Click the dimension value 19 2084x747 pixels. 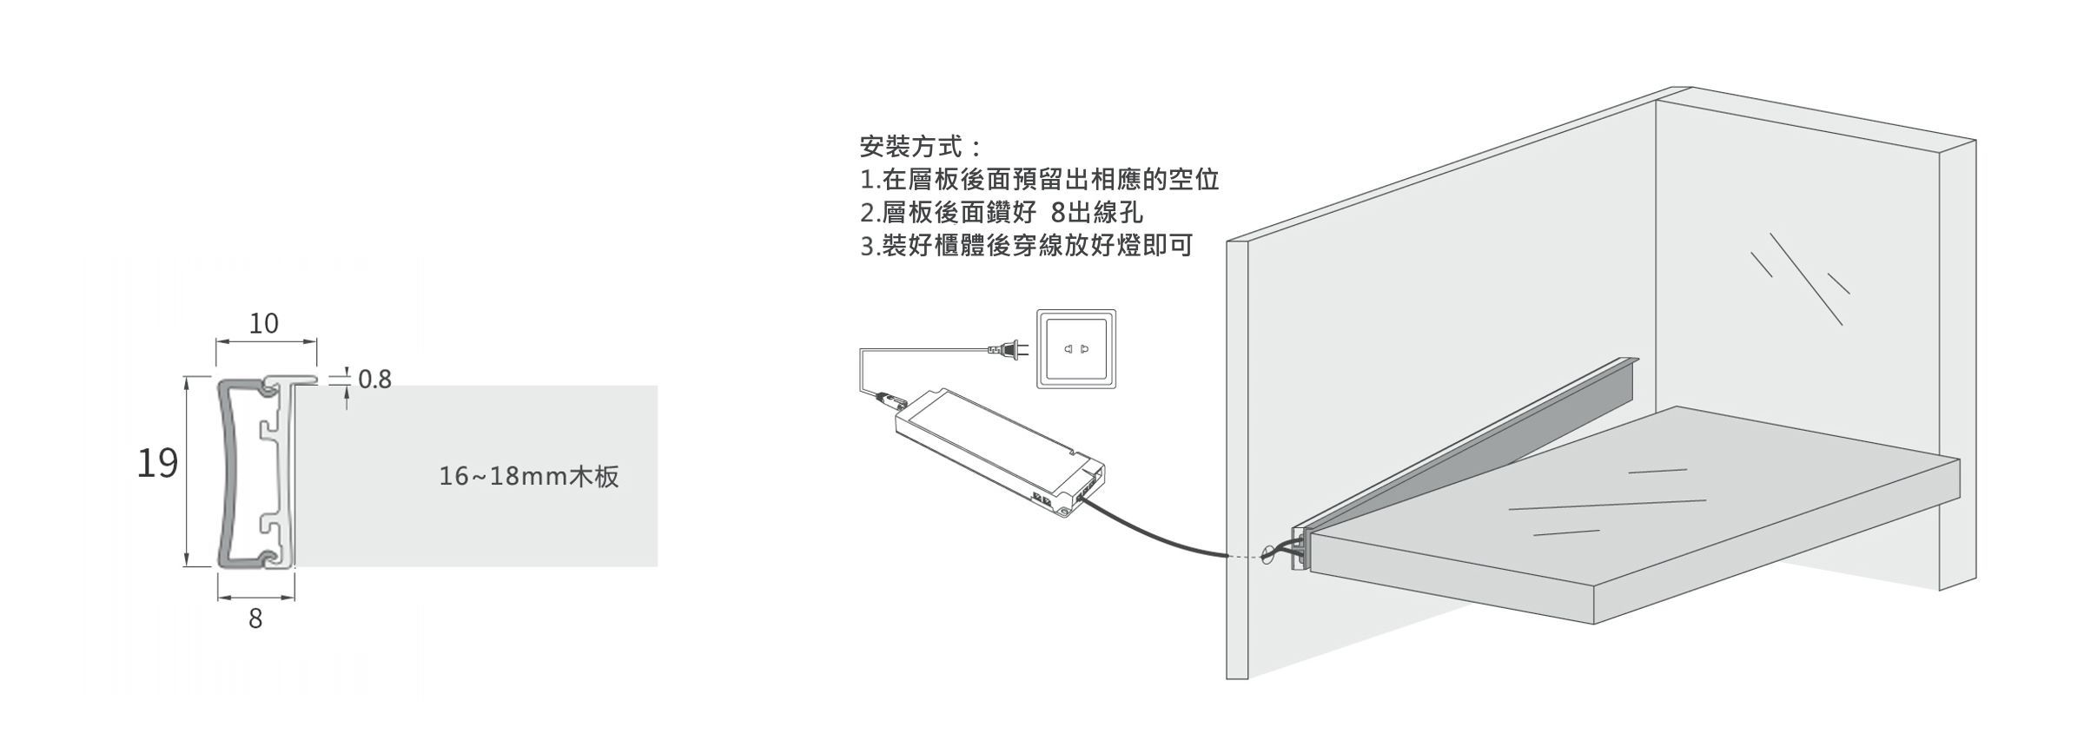coord(157,464)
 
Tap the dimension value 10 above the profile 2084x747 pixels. coord(264,323)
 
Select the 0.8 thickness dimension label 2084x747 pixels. coord(374,380)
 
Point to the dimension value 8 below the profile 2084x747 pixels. coord(255,619)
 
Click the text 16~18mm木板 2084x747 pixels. coord(529,477)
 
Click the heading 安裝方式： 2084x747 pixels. coord(921,146)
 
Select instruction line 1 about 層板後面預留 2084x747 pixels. coord(1040,179)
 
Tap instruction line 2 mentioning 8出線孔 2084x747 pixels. coord(1001,212)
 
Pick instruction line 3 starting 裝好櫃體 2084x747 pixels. coord(1026,245)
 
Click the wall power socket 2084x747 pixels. coord(1075,348)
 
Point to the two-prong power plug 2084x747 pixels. coord(1008,349)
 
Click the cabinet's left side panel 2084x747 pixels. coord(1237,459)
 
